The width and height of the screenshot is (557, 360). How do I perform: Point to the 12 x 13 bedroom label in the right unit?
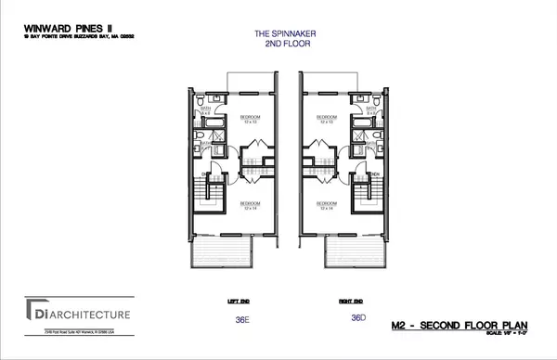(325, 120)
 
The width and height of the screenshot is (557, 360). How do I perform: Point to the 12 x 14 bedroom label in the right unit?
(325, 205)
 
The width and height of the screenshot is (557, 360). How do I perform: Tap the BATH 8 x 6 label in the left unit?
(208, 110)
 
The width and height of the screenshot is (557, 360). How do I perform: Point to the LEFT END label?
(238, 301)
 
